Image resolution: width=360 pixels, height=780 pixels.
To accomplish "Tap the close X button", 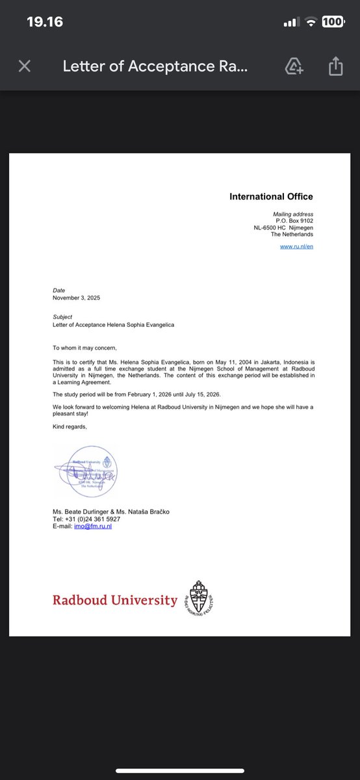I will (25, 66).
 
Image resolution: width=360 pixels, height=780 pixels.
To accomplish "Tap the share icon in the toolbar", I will (335, 66).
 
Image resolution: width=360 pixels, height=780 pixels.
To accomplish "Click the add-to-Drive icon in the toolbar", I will (294, 66).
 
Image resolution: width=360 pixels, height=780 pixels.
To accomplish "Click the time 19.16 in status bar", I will (45, 21).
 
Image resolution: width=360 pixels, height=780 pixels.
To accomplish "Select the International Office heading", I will (271, 196).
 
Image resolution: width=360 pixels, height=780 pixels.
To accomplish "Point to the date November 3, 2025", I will (77, 298).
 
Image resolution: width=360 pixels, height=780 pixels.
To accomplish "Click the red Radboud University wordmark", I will (115, 600).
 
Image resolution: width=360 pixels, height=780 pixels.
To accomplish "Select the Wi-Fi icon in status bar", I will (311, 21).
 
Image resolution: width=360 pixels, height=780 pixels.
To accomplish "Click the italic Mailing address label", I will (293, 214).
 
